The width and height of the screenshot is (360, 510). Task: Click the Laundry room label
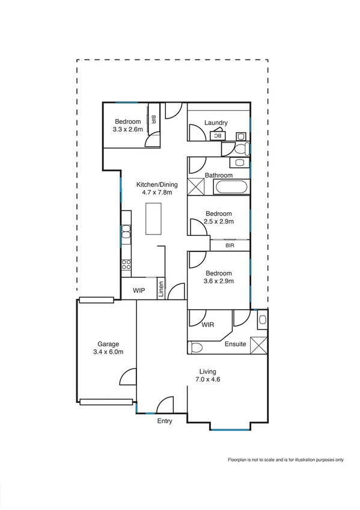pos(216,123)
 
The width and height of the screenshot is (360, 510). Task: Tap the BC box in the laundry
pos(218,136)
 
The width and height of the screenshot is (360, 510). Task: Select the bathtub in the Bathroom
pos(231,186)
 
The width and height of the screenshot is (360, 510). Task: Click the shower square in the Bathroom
pos(197,186)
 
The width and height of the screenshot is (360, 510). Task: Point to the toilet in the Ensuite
pos(196,347)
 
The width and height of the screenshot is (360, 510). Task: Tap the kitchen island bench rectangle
pos(154,218)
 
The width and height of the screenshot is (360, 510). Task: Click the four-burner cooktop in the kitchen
pos(126,263)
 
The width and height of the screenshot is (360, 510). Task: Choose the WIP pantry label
pos(139,290)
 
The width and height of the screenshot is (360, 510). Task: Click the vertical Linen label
pos(161,289)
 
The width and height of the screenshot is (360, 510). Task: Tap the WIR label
pos(208,325)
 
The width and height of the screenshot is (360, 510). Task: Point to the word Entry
pos(165,421)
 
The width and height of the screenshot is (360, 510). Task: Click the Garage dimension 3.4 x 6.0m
pos(108,352)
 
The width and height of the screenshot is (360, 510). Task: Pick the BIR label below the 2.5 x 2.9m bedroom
pos(230,245)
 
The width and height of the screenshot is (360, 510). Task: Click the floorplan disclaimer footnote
pos(285,460)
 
